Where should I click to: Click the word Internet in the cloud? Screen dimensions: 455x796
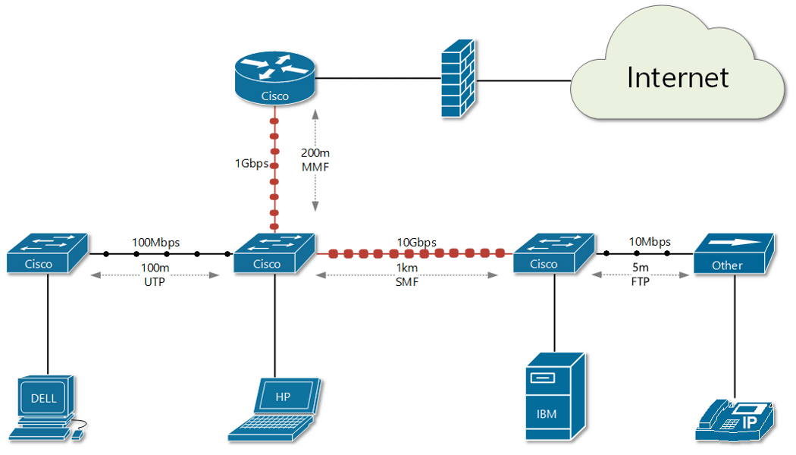click(677, 77)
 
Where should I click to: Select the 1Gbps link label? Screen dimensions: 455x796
click(251, 163)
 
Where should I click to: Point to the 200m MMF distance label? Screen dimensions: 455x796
click(315, 159)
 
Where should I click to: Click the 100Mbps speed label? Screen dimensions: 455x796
click(156, 242)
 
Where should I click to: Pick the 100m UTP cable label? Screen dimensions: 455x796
click(154, 275)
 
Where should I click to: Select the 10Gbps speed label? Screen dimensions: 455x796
click(416, 242)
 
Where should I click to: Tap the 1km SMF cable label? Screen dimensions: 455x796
click(406, 275)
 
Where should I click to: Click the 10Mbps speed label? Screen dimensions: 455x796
click(650, 242)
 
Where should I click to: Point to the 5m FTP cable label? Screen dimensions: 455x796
click(641, 275)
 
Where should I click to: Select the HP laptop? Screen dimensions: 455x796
click(276, 410)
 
